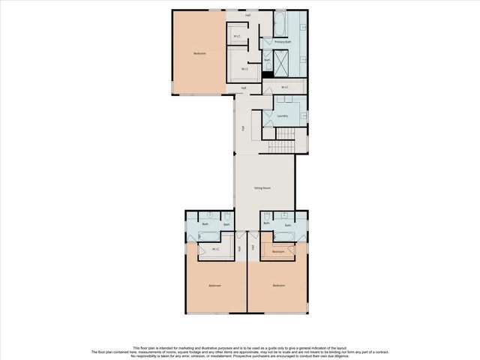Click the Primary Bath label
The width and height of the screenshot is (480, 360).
[282, 42]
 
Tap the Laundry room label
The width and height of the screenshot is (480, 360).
[283, 116]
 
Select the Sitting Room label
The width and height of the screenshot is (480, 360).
[262, 188]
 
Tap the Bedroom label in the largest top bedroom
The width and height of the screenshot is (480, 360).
[199, 53]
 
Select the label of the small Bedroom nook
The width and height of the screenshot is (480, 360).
[278, 252]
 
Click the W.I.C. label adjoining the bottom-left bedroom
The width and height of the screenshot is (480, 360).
[215, 249]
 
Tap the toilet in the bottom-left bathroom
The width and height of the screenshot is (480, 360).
[227, 223]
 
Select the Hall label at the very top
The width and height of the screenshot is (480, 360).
[248, 15]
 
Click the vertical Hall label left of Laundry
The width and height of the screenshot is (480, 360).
[243, 128]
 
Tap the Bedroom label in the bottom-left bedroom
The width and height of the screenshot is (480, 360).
[215, 286]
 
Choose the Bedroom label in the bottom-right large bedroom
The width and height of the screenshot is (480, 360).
[279, 286]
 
